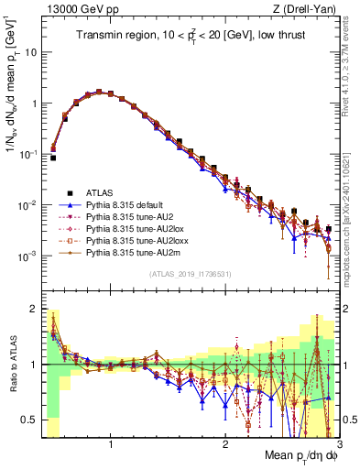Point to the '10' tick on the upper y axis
click(30, 52)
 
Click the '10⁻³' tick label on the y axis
click(27, 256)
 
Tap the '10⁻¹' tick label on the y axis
click(27, 154)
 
